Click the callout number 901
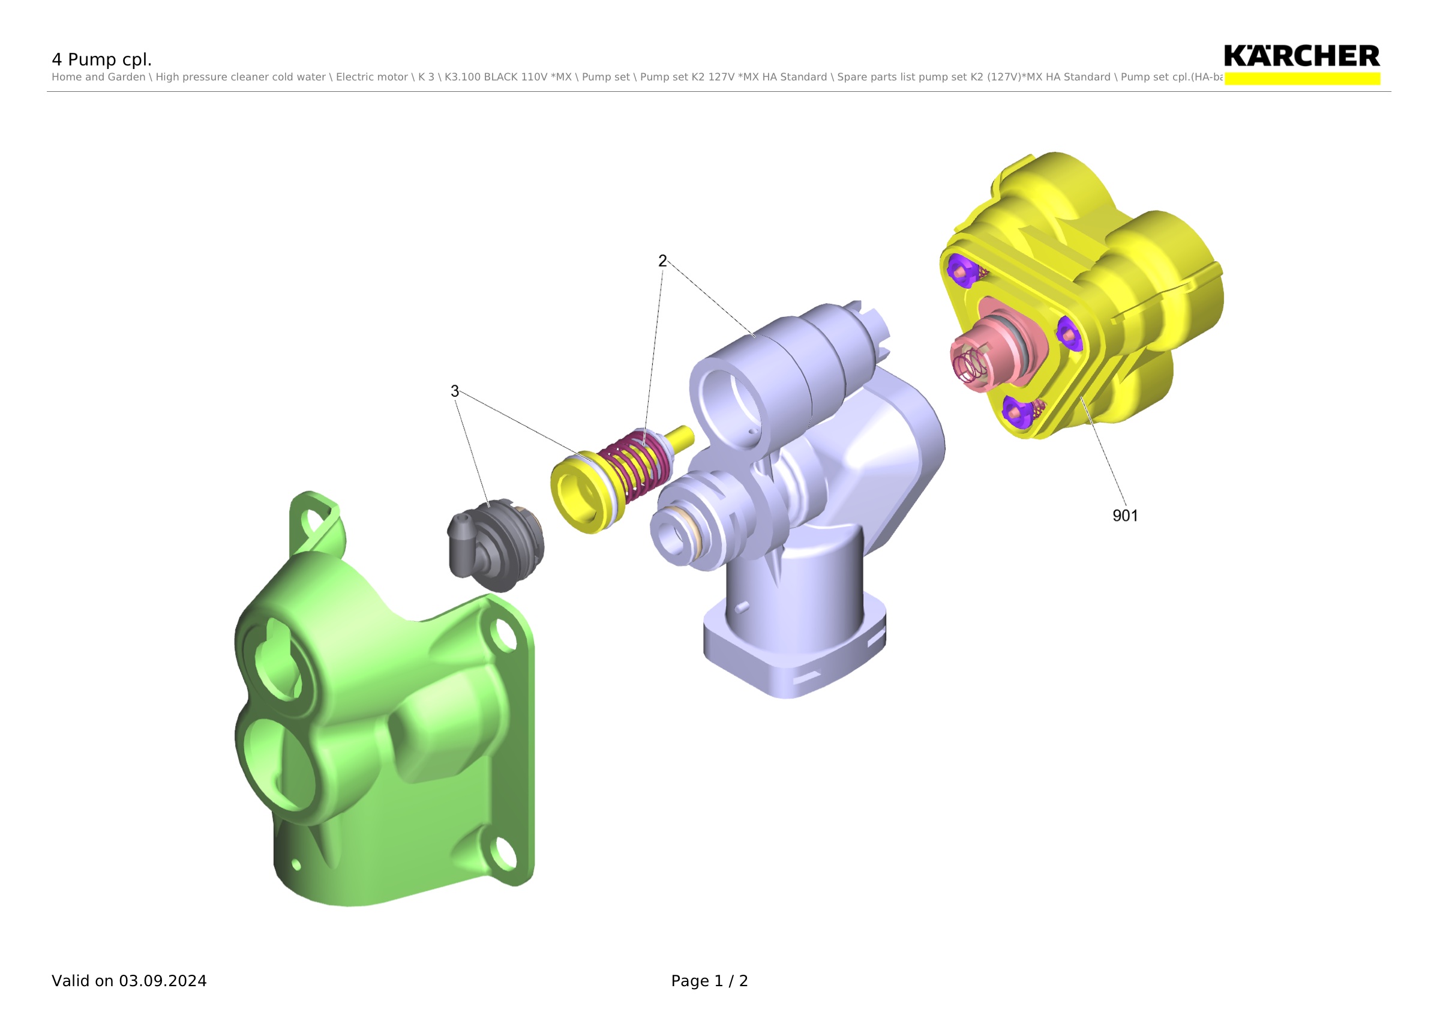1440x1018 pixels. coord(1124,516)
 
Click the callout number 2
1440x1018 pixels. coord(662,261)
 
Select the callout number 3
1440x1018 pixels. coord(455,391)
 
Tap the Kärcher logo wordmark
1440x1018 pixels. coord(1301,56)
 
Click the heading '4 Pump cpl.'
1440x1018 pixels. coord(101,59)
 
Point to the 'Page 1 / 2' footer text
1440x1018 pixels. coord(709,981)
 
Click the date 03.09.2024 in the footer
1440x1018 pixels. coord(163,981)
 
